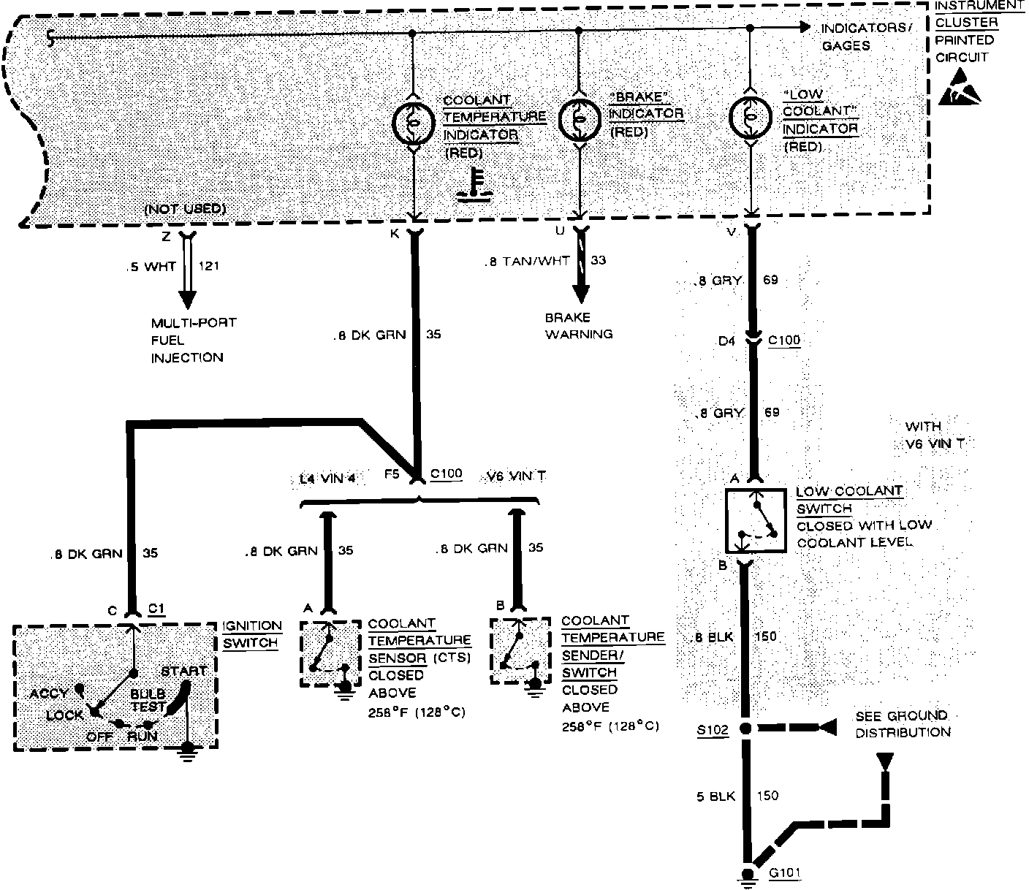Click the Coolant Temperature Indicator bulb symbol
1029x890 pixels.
point(414,123)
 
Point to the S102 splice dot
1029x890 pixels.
point(746,729)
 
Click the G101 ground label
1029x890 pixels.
point(785,873)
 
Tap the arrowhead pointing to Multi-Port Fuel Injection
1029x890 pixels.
point(188,300)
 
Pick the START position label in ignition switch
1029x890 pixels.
point(184,671)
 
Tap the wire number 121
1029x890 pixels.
point(209,266)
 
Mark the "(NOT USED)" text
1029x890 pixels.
point(185,210)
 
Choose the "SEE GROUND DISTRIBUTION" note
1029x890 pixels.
point(903,723)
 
